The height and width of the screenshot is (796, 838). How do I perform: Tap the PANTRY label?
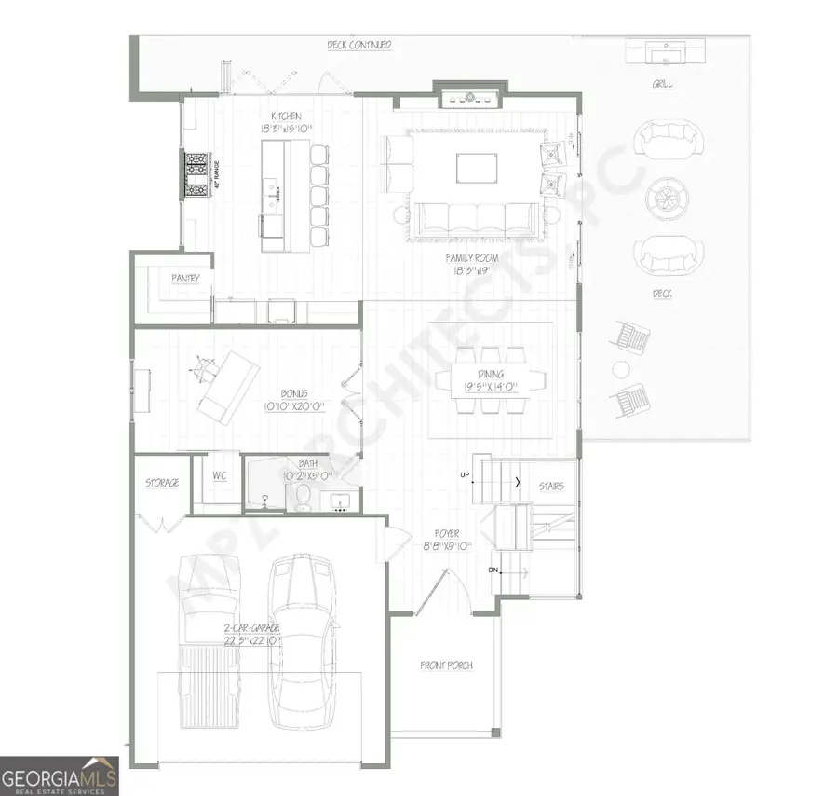tap(186, 279)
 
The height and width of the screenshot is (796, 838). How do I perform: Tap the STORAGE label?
tap(162, 484)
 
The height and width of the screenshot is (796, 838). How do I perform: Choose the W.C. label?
tap(220, 475)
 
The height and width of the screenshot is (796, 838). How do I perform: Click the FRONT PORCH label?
tap(446, 666)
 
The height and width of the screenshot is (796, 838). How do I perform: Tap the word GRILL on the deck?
tap(663, 84)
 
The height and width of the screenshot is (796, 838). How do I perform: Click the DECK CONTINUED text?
tap(358, 45)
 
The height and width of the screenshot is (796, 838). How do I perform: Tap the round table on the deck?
tap(666, 197)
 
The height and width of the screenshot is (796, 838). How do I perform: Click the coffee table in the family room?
tap(470, 168)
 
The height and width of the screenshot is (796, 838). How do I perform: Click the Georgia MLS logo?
tap(60, 775)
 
